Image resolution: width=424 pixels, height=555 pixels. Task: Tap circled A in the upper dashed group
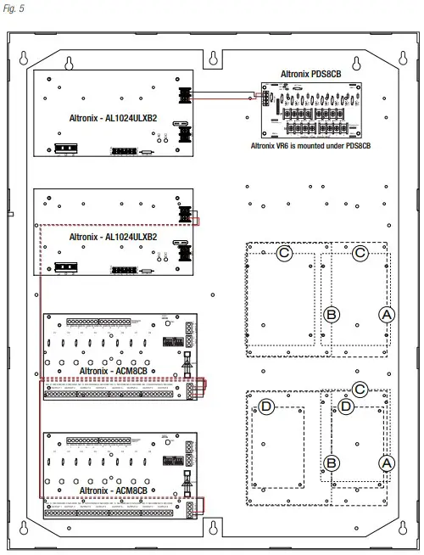[x=387, y=314]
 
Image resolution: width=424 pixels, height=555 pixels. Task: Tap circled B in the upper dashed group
[x=332, y=314]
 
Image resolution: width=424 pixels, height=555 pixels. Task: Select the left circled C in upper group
[x=285, y=253]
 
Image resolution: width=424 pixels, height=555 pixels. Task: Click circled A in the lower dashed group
[x=387, y=462]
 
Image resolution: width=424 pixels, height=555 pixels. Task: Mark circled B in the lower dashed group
[x=332, y=462]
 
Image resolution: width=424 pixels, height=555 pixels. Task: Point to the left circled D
[x=266, y=406]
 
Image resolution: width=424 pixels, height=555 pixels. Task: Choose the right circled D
[x=346, y=406]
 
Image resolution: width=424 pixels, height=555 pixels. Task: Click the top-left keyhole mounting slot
[x=25, y=59]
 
